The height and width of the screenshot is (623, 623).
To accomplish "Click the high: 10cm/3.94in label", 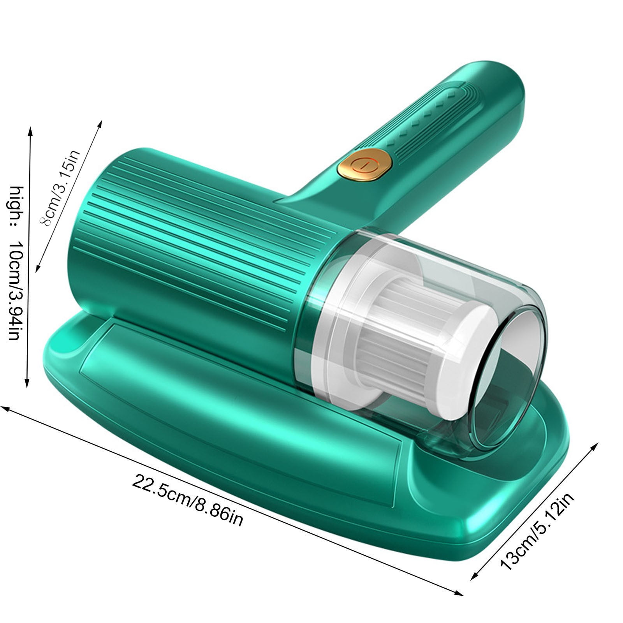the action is pyautogui.click(x=17, y=263).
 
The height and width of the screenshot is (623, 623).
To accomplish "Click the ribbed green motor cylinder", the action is pyautogui.click(x=202, y=249).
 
